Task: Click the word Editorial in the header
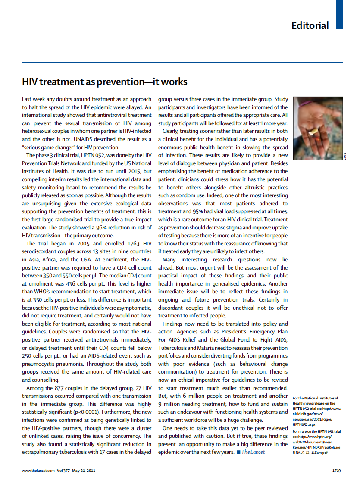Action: (x=310, y=25)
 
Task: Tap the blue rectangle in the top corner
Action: (x=339, y=14)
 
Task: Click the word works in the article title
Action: (x=175, y=82)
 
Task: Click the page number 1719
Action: (x=337, y=470)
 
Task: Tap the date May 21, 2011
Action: (x=83, y=470)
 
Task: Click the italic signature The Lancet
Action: (x=254, y=452)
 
